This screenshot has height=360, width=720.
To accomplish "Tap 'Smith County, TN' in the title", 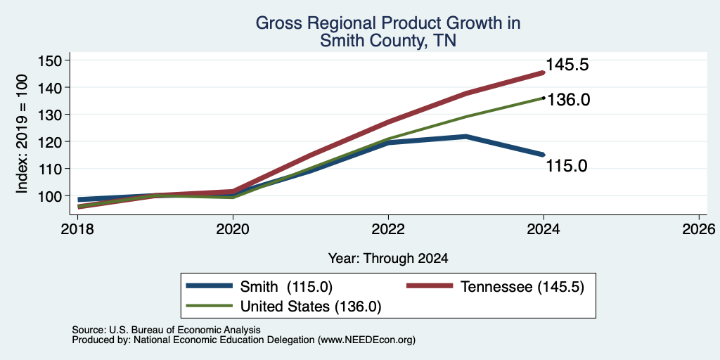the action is (x=388, y=41).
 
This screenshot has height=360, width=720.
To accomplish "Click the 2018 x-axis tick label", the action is (x=77, y=229).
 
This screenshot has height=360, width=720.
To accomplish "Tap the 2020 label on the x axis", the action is (x=233, y=229).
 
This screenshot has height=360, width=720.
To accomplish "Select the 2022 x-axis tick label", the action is (x=388, y=229).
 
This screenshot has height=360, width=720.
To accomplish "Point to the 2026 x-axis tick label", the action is (x=699, y=229).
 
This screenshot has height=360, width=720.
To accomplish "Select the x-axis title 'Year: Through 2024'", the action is (x=388, y=259).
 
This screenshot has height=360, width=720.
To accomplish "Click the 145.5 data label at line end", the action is (x=567, y=65).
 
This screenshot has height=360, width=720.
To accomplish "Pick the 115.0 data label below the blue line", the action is (x=567, y=166).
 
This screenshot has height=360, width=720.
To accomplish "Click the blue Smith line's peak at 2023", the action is (x=465, y=136).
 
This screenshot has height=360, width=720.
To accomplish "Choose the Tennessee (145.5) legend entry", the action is (x=496, y=287).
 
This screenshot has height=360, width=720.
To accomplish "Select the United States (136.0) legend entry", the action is (x=283, y=307).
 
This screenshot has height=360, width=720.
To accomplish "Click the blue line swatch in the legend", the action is (x=209, y=286).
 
